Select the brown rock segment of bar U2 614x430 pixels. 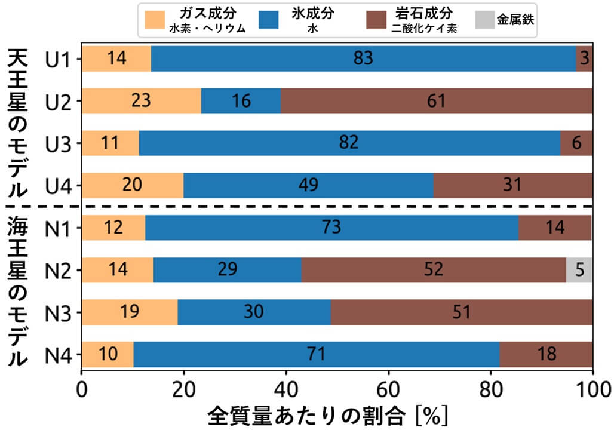coord(437,101)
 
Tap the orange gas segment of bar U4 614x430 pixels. coord(133,185)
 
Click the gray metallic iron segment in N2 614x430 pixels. coord(579,270)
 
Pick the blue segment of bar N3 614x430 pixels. coord(254,312)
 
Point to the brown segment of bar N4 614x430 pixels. coord(546,355)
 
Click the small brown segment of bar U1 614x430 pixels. coord(585,59)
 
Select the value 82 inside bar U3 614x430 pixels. coord(349,143)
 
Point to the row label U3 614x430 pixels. coord(59,143)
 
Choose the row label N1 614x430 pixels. coord(59,228)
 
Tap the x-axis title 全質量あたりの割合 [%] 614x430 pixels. coord(328,415)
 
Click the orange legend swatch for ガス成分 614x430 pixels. coord(153,20)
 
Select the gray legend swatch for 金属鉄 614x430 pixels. coord(484,20)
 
